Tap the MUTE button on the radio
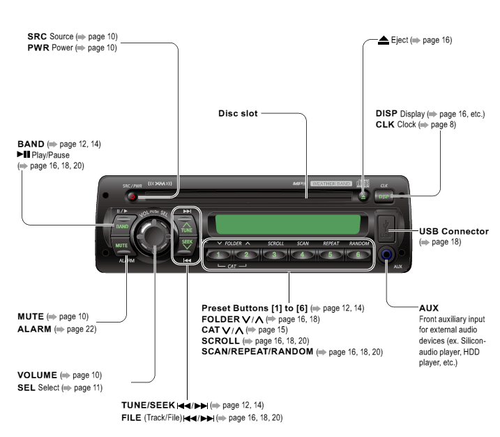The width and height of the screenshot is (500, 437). (121, 246)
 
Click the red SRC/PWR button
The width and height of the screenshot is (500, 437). (132, 196)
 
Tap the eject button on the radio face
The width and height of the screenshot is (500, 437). (363, 196)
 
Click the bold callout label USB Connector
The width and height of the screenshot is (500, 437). (454, 230)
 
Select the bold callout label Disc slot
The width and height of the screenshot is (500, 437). (236, 111)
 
